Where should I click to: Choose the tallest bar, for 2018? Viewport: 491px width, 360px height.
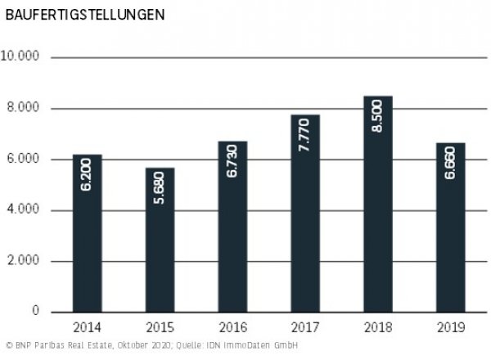(376, 204)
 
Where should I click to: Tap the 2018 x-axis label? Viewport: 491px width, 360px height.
(376, 327)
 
